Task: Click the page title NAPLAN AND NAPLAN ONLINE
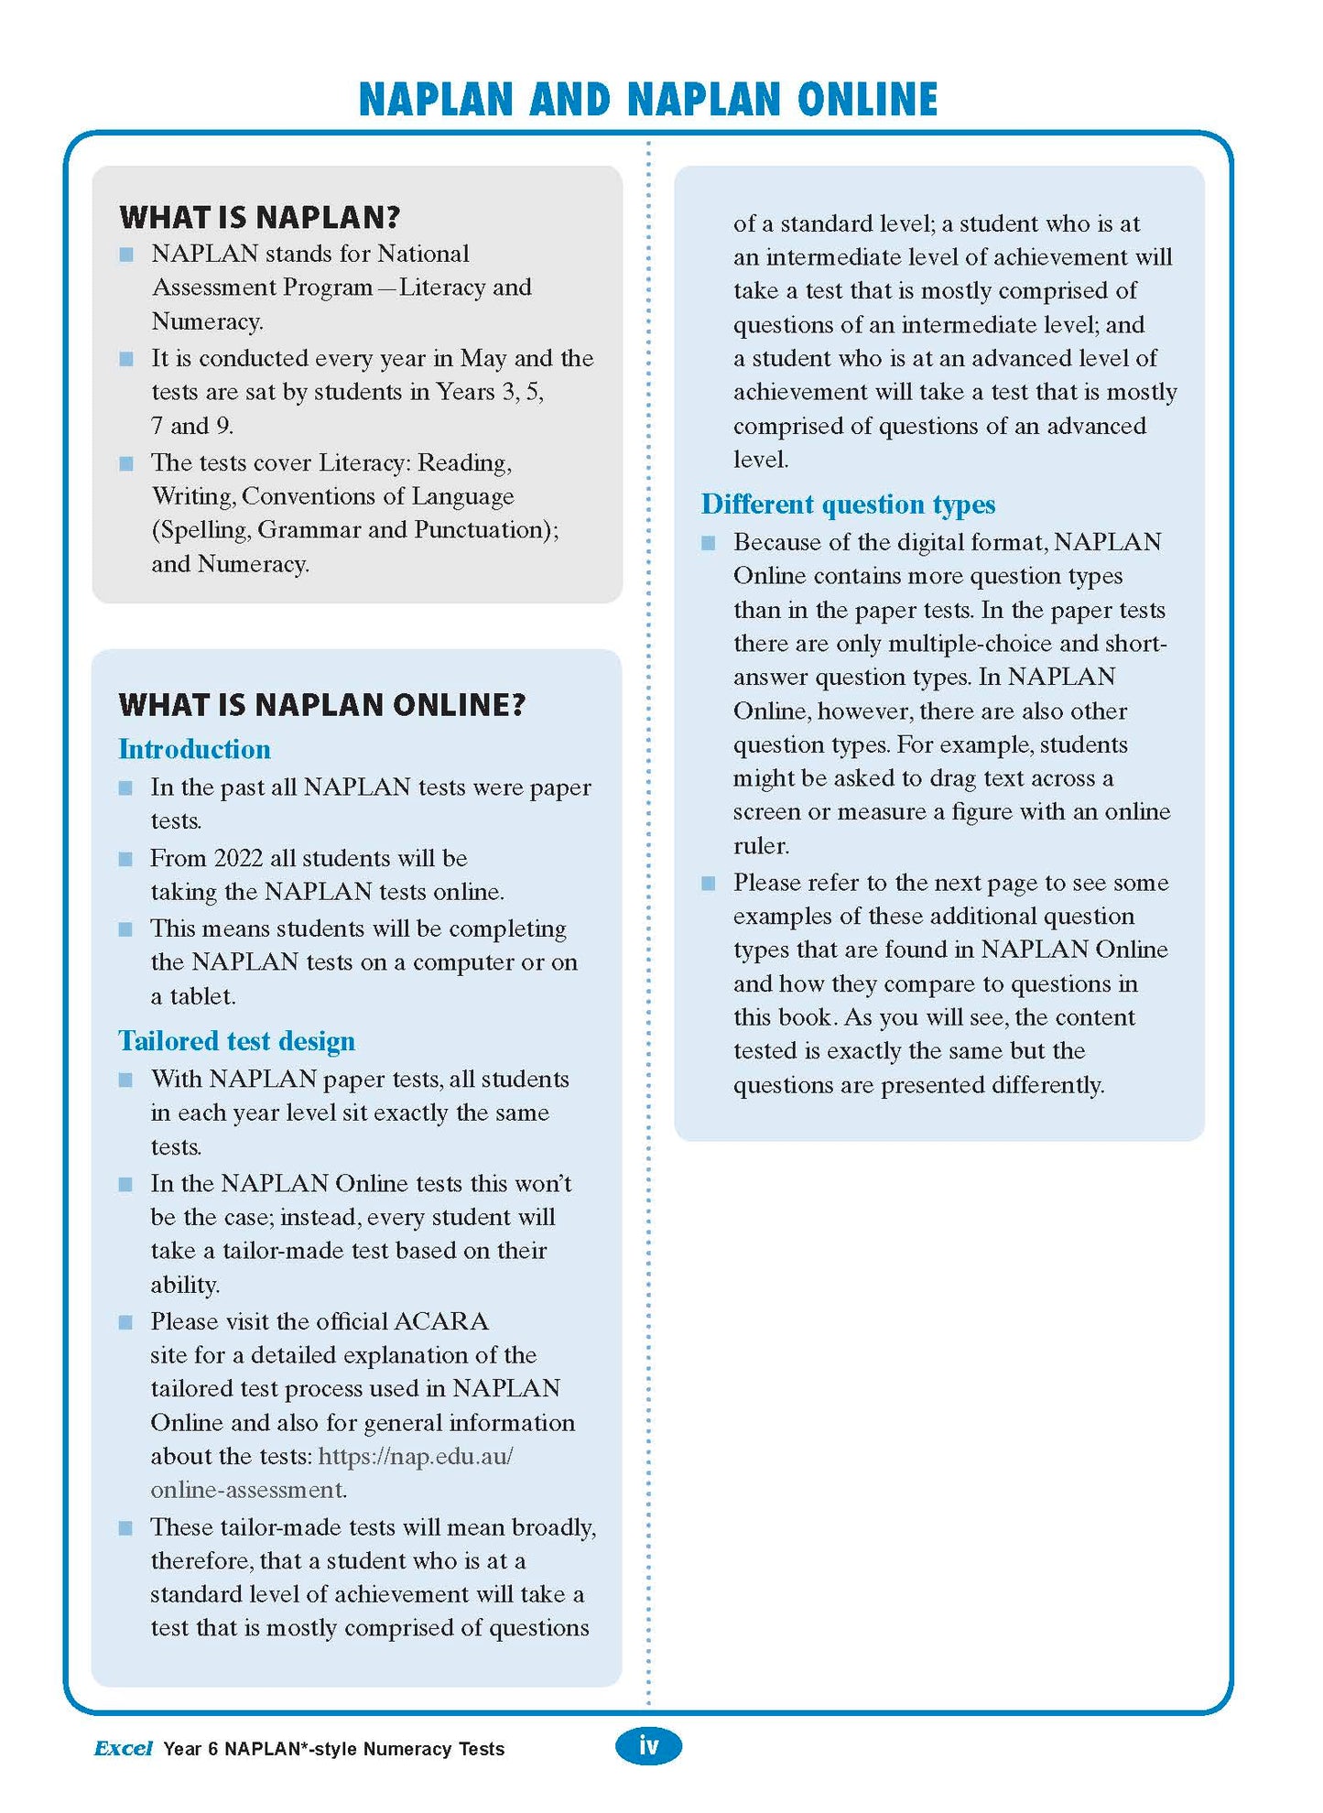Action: coord(647,100)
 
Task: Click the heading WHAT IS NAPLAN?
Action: coord(260,217)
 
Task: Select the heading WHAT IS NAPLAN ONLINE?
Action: coord(321,704)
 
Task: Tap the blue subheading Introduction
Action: coord(194,749)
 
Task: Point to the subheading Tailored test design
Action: coord(236,1041)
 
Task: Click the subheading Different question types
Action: coord(848,505)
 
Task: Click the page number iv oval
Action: coord(648,1745)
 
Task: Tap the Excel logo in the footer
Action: coord(123,1748)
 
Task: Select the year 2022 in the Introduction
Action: coord(238,858)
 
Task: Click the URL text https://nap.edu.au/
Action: coord(416,1456)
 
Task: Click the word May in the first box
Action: coord(483,358)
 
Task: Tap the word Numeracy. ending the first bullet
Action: coord(207,321)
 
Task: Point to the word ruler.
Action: coord(761,846)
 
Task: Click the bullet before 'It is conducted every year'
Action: coord(126,359)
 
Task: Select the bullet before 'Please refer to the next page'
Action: coord(708,884)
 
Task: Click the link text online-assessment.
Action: coord(248,1490)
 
